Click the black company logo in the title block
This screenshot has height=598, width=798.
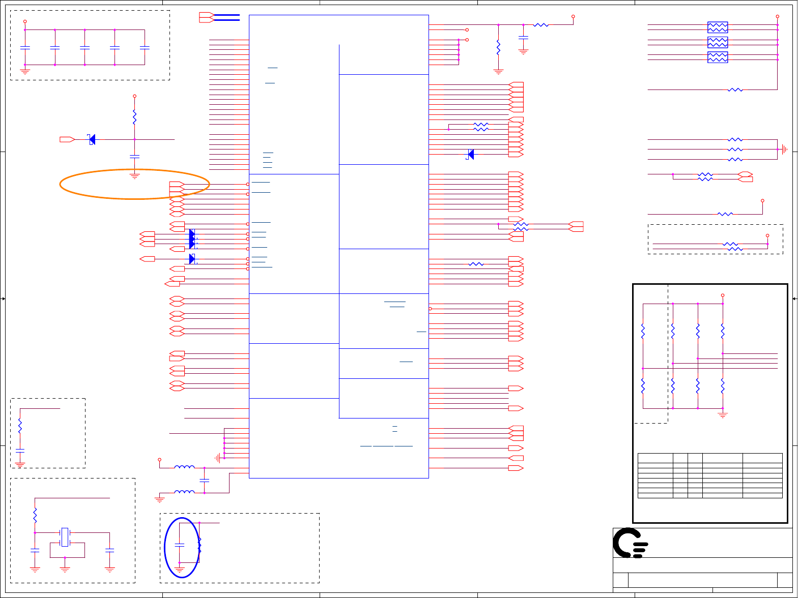pyautogui.click(x=630, y=543)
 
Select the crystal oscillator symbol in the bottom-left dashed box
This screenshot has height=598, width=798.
pyautogui.click(x=65, y=537)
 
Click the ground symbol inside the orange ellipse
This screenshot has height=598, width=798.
pyautogui.click(x=134, y=176)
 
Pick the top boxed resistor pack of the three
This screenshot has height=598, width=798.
pyautogui.click(x=718, y=27)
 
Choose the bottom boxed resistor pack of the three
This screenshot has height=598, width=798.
pyautogui.click(x=718, y=57)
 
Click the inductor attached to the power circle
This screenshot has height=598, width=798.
pyautogui.click(x=184, y=467)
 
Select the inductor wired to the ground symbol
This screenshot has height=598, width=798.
pyautogui.click(x=184, y=492)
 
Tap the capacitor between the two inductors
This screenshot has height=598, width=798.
pyautogui.click(x=204, y=480)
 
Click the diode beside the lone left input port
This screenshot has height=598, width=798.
pyautogui.click(x=92, y=139)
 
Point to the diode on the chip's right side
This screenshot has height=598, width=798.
pyautogui.click(x=470, y=154)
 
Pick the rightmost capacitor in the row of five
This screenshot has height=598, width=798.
pyautogui.click(x=145, y=48)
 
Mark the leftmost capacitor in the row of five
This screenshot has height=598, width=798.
pyautogui.click(x=25, y=48)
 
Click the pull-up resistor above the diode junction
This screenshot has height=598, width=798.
pyautogui.click(x=134, y=117)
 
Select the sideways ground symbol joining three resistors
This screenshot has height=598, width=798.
pyautogui.click(x=785, y=149)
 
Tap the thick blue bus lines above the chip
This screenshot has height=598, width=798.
pyautogui.click(x=226, y=17)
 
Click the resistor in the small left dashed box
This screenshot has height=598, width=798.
pyautogui.click(x=20, y=425)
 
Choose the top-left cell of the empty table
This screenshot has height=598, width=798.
pyautogui.click(x=655, y=457)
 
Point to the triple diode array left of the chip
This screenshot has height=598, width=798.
pyautogui.click(x=192, y=239)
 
